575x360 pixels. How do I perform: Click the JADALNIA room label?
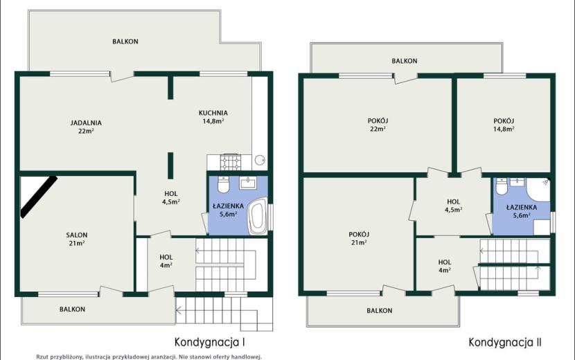tap(86, 123)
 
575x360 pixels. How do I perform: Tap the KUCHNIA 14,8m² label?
tap(213, 117)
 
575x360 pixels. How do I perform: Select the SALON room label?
tap(77, 235)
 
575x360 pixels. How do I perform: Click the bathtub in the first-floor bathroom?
tap(258, 216)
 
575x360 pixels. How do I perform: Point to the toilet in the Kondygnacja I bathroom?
tap(223, 184)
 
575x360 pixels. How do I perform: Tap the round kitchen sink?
tap(260, 160)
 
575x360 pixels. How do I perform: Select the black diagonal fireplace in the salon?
tap(39, 197)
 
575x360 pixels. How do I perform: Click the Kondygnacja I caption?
tap(210, 343)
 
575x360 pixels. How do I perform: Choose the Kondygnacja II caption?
tap(505, 343)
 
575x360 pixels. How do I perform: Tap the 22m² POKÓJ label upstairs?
tap(378, 125)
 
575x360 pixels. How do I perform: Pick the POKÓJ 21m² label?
tap(359, 238)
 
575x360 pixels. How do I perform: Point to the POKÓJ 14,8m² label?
tap(504, 125)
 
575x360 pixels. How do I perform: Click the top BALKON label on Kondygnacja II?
tap(404, 61)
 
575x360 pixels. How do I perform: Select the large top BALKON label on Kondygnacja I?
tap(125, 42)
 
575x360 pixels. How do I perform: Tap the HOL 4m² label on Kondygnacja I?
tap(166, 261)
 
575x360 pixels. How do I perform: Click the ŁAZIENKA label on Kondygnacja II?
tap(522, 207)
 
